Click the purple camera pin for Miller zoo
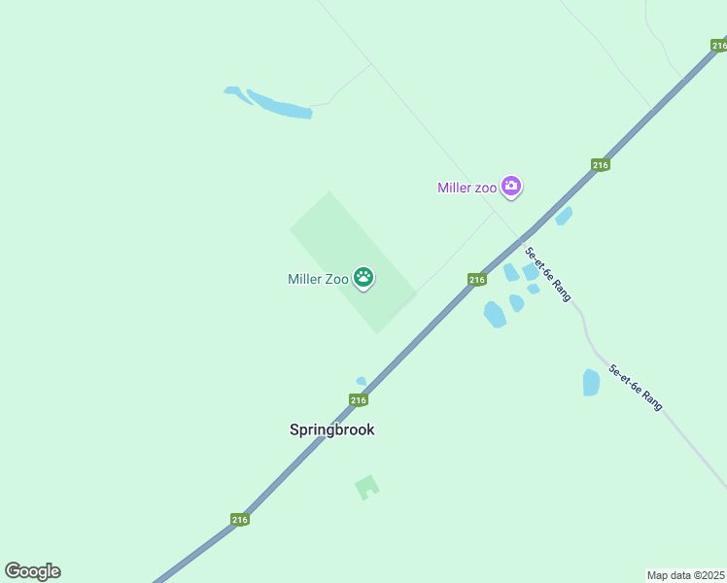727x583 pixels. [x=511, y=187]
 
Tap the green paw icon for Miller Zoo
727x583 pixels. [x=363, y=279]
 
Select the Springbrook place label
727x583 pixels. [x=331, y=429]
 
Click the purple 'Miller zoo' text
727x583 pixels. [x=467, y=188]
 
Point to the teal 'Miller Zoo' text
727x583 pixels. [x=318, y=280]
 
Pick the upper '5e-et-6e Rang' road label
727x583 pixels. [x=548, y=273]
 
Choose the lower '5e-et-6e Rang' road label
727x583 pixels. [x=636, y=387]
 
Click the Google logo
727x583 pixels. [x=32, y=571]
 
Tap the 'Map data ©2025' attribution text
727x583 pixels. [x=686, y=575]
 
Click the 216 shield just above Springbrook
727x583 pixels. [x=358, y=400]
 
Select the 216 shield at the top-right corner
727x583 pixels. [x=718, y=45]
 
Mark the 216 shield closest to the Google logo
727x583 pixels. [x=240, y=520]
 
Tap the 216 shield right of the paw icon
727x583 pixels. [x=476, y=280]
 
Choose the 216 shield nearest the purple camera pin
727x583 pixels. [x=600, y=165]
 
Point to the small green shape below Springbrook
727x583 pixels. [x=366, y=486]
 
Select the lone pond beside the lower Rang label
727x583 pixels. [x=591, y=382]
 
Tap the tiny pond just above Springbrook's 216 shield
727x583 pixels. [x=362, y=381]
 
